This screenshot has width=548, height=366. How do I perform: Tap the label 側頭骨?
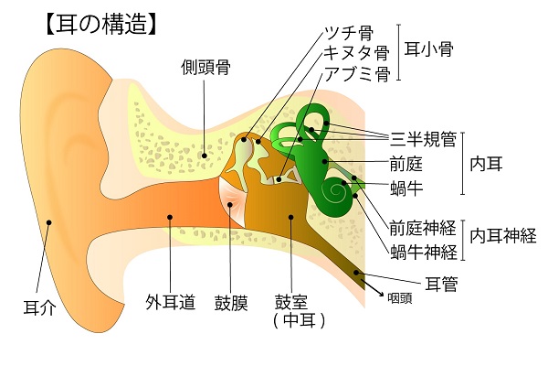click(205, 67)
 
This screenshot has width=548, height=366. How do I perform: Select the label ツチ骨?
click(349, 33)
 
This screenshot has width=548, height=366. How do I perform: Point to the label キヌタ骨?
click(356, 53)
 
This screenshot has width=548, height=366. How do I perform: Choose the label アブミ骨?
click(357, 73)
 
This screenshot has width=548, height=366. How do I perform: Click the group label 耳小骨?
click(429, 49)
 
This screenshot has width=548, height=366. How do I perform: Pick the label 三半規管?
click(424, 139)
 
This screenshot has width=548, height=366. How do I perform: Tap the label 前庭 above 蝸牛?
click(406, 164)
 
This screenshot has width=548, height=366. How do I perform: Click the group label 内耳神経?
click(503, 236)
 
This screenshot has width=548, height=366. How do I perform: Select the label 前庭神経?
click(423, 228)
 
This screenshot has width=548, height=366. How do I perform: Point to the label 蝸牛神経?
click(424, 252)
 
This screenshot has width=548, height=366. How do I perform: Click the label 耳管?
click(441, 284)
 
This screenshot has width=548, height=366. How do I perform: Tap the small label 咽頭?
click(400, 298)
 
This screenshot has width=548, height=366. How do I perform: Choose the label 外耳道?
click(170, 302)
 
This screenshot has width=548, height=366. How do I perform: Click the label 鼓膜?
click(231, 303)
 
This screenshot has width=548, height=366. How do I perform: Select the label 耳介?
click(39, 307)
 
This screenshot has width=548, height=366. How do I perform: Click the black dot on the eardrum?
click(230, 205)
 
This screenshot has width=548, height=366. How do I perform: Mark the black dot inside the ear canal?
click(170, 217)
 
